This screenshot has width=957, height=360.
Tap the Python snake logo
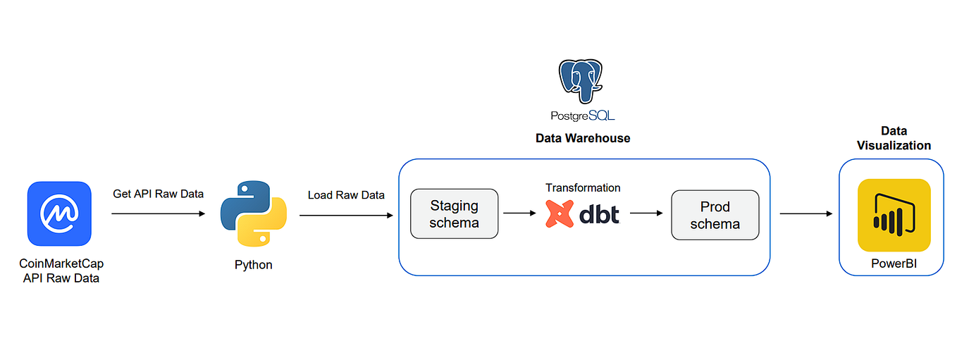[x=253, y=213]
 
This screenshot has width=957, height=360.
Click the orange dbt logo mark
[x=560, y=213]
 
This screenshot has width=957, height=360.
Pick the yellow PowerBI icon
[x=894, y=214]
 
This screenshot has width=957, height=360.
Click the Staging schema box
[x=455, y=213]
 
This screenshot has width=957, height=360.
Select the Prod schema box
[x=715, y=214]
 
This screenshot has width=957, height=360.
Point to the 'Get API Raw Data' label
[x=158, y=194]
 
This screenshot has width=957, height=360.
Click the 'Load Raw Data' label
[x=346, y=194]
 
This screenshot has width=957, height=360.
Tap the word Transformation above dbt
[x=583, y=188]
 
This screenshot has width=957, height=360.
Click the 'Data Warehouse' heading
[x=583, y=138]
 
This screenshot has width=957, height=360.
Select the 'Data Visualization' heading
[x=894, y=138]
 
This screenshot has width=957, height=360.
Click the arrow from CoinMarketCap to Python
[x=158, y=213]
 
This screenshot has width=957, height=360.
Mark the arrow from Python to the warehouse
[x=346, y=213]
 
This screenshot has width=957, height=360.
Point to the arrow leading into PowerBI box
[x=805, y=213]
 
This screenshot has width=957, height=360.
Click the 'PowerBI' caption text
[x=894, y=264]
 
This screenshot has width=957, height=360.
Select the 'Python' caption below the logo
[x=253, y=265]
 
